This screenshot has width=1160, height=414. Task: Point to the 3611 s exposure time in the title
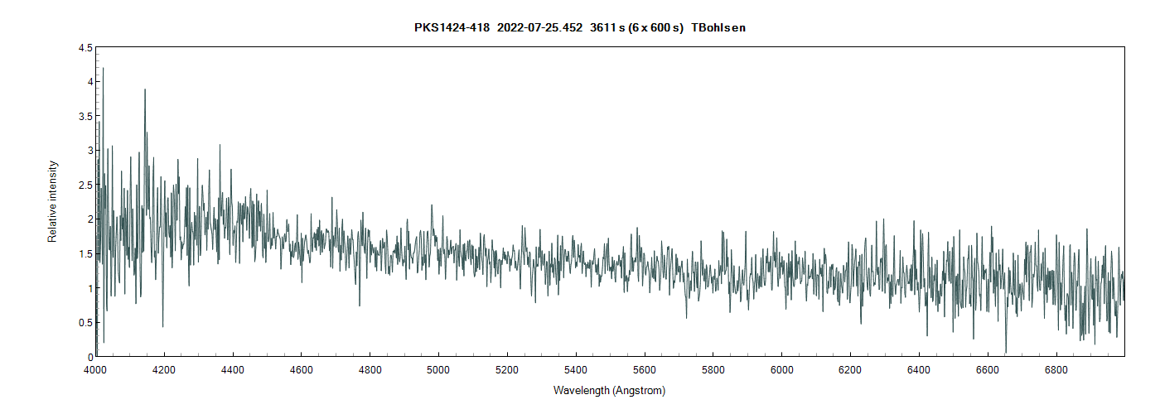coord(607,28)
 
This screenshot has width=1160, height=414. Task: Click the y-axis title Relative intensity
coord(52,201)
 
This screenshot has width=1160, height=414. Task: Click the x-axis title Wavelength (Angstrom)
coord(609,390)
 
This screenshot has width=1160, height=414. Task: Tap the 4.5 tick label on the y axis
coord(85,48)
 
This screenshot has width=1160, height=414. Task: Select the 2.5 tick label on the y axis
coord(85,185)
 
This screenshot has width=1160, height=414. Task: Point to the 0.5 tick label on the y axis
coord(85,323)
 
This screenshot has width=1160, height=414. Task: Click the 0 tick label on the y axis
coord(89,357)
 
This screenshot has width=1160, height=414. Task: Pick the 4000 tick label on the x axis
coord(96,369)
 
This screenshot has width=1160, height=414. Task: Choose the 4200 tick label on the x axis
coord(164,369)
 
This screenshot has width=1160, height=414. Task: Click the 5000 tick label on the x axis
coord(438,369)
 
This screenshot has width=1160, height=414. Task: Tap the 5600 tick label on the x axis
coord(644,369)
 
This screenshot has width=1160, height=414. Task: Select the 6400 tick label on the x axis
coord(918,369)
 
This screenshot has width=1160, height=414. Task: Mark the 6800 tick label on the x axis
coord(1056,369)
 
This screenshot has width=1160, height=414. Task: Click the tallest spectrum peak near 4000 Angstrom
coord(103,69)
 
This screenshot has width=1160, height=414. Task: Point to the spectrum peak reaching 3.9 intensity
coord(145,89)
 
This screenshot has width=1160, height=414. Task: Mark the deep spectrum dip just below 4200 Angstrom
coord(162,326)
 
